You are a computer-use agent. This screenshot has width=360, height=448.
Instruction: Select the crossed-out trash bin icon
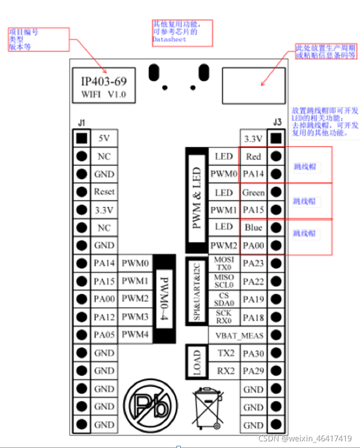tap(206, 408)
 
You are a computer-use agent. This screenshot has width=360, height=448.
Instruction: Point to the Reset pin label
tap(104, 191)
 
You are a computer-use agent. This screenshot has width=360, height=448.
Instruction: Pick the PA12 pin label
tap(104, 317)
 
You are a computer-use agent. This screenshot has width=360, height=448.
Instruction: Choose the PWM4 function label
tap(135, 335)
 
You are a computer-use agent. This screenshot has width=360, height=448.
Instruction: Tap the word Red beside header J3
tap(253, 157)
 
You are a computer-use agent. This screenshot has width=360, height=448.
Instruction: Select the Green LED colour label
tap(253, 192)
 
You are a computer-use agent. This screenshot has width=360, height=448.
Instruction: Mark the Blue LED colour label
tap(253, 227)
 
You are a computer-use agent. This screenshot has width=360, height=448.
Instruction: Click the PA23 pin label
tap(253, 263)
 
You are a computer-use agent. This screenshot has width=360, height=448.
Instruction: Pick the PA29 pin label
tap(253, 371)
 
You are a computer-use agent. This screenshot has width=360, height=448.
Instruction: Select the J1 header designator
tap(82, 122)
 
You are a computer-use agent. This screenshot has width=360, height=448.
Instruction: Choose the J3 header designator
tap(278, 122)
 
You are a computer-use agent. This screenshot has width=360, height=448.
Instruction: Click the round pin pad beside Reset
tap(82, 192)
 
